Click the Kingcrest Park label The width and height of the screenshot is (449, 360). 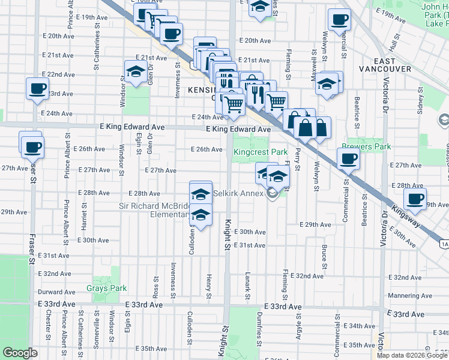(x=261, y=152)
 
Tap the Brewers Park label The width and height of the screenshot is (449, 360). (x=366, y=146)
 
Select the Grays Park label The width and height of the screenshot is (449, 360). (x=107, y=288)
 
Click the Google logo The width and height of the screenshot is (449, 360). (x=20, y=353)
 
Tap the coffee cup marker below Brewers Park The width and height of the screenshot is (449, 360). (x=348, y=158)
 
